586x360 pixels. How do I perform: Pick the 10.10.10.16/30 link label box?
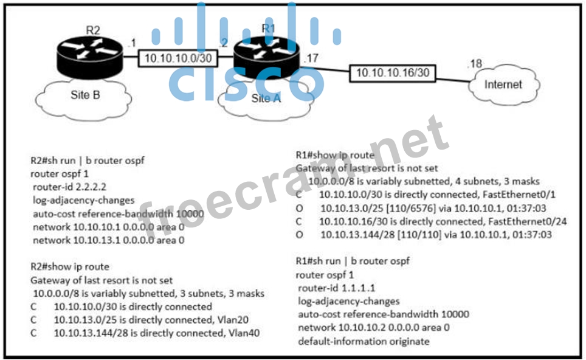click(x=393, y=73)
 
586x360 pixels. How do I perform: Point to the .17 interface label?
click(x=310, y=59)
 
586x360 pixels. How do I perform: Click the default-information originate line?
click(x=364, y=341)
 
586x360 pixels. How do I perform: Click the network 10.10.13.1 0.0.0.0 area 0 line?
click(x=108, y=240)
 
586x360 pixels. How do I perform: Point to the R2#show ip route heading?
click(x=70, y=266)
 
